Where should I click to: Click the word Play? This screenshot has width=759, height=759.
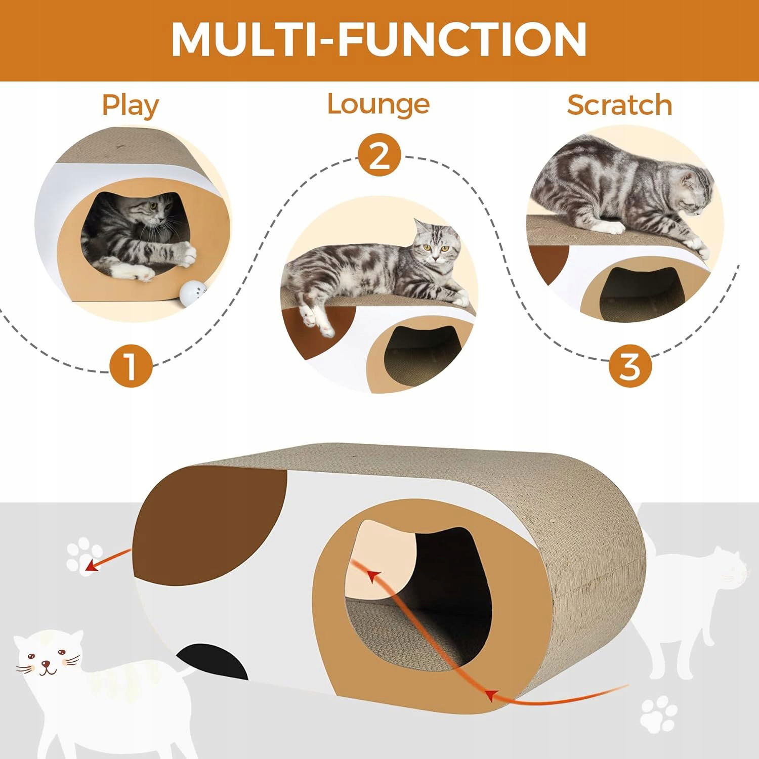click(x=130, y=106)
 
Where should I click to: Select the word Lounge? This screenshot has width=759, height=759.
click(x=378, y=104)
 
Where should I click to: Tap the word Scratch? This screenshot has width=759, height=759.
click(x=619, y=105)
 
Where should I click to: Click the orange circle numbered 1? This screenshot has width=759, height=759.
click(x=131, y=366)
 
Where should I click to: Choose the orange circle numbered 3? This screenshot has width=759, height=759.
click(x=630, y=365)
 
